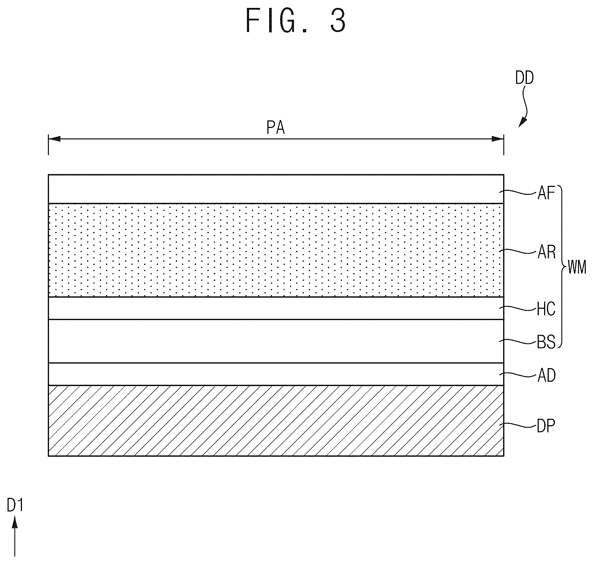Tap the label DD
click(x=524, y=78)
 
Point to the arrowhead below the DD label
click(x=522, y=122)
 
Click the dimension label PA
click(x=276, y=128)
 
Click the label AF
click(x=546, y=194)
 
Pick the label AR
click(x=547, y=253)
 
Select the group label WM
click(x=576, y=268)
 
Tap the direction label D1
click(x=15, y=506)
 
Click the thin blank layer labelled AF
click(x=276, y=189)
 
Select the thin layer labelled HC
click(x=276, y=308)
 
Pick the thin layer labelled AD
click(x=276, y=374)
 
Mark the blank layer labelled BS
click(x=276, y=341)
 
